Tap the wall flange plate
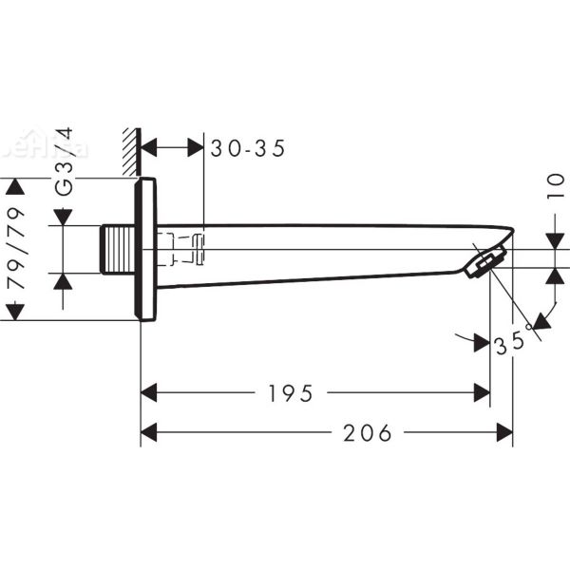(145, 249)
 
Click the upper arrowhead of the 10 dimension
(553, 243)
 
